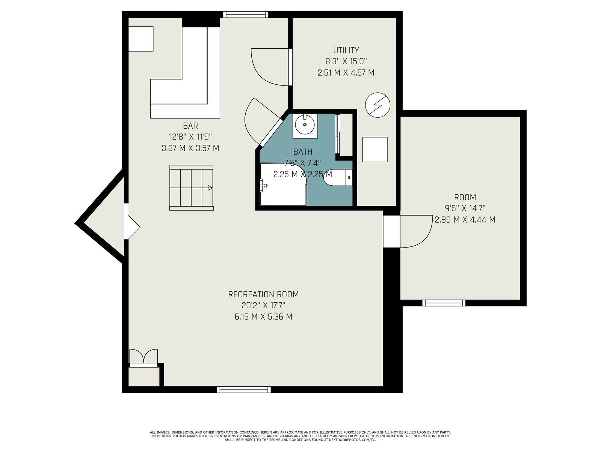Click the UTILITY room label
point(346,50)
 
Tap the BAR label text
point(190,126)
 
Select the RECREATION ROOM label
point(263,294)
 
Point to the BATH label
point(302,151)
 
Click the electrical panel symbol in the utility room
point(377,105)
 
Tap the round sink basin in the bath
point(305,124)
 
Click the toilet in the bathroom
point(338,178)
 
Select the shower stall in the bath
point(283,184)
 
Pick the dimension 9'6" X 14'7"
point(465,208)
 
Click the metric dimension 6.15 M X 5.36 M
point(263,316)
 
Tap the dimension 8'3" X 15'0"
point(346,61)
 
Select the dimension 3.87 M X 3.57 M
point(190,148)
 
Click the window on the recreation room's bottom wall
point(244,389)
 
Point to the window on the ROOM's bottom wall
point(444,303)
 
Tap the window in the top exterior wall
point(245,15)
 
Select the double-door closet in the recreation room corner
point(143,358)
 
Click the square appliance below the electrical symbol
point(374,150)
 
